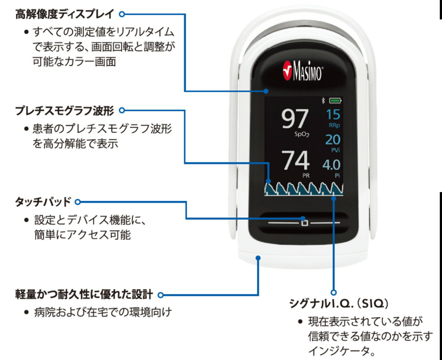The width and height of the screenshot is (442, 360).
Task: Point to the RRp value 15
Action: tap(333, 115)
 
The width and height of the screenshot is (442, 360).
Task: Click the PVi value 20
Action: tap(333, 140)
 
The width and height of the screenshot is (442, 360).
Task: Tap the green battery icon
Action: tap(335, 101)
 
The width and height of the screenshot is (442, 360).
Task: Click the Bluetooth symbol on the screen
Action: tap(323, 101)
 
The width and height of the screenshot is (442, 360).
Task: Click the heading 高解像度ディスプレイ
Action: tap(65, 14)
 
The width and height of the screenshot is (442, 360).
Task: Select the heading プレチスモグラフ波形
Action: tap(65, 110)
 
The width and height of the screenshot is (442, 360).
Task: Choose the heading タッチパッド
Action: tap(43, 202)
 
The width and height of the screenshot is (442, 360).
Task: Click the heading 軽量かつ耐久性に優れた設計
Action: tap(84, 295)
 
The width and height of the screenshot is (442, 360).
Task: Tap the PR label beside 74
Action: tap(306, 176)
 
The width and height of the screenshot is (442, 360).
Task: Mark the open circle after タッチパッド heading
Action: tap(78, 202)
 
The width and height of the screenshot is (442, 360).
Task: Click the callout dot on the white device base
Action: tap(258, 258)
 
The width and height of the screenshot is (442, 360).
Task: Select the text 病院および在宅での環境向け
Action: tap(103, 312)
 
